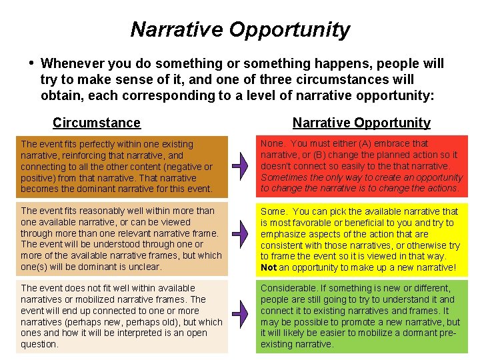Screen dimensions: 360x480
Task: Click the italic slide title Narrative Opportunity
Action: [240, 30]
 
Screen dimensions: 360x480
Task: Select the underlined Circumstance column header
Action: [97, 123]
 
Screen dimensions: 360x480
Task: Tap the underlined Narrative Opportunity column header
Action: [361, 123]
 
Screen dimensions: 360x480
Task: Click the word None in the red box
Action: [272, 143]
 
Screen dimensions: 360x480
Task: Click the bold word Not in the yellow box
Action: [268, 268]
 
